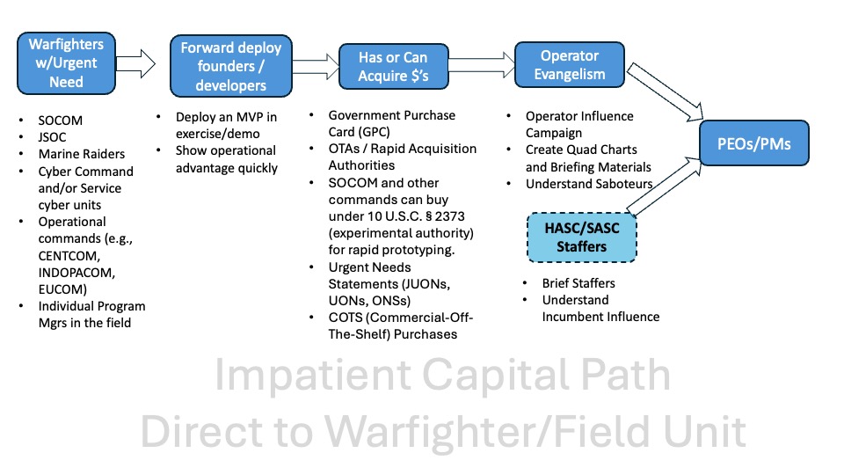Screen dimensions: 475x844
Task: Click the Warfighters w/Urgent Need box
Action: point(66,62)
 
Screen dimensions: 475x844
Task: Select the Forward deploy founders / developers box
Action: point(224,67)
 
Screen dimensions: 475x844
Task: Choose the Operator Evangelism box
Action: point(570,64)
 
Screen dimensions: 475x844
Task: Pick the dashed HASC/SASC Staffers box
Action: point(581,237)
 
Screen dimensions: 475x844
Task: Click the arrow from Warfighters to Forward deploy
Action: point(135,64)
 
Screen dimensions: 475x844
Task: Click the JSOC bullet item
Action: point(54,138)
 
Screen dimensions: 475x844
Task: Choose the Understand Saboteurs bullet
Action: point(589,184)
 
